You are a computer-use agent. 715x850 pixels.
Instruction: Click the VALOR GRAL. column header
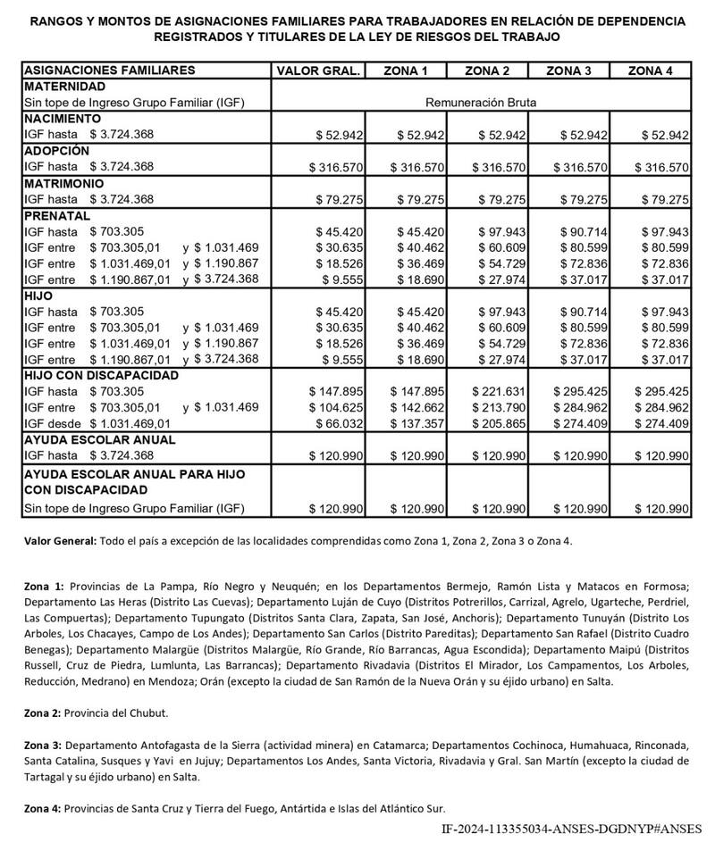[319, 71]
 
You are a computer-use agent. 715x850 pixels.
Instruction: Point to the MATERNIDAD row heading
[64, 87]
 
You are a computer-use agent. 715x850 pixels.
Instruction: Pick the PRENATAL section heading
[57, 215]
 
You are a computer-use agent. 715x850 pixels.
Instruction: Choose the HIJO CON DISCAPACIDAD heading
[101, 375]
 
